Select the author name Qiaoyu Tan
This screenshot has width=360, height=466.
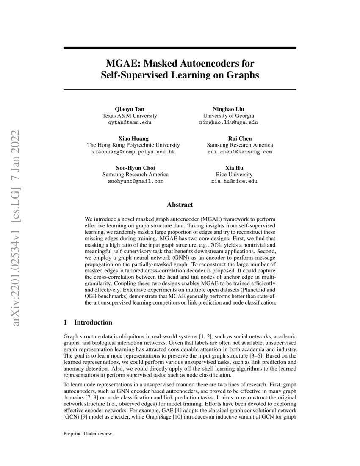[x=130, y=109]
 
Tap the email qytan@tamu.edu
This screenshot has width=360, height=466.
[x=130, y=122]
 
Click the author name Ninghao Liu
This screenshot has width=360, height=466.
[x=228, y=109]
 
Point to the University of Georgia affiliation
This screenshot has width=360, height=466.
[x=228, y=116]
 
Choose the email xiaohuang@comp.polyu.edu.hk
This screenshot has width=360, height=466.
[x=133, y=151]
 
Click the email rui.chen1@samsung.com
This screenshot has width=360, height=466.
[x=240, y=151]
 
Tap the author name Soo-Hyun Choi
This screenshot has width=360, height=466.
[x=136, y=168]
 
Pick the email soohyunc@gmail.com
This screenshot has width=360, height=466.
[x=136, y=181]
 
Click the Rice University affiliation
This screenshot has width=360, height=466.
[x=234, y=174]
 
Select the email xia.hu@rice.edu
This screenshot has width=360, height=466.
[x=234, y=181]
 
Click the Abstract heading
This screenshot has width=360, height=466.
[x=180, y=205]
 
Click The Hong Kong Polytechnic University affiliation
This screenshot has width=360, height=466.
[x=133, y=145]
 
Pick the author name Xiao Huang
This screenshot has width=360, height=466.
[x=133, y=138]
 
